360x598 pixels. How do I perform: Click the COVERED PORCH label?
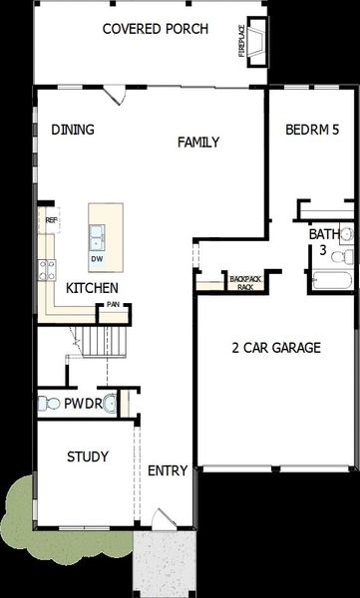(156, 29)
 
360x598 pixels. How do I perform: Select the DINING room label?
(73, 130)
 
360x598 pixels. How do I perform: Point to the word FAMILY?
(198, 143)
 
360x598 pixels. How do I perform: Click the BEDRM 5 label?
(311, 130)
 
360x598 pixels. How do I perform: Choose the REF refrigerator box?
(49, 220)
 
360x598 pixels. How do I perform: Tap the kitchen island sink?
(98, 236)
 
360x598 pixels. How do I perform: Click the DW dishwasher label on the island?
(98, 259)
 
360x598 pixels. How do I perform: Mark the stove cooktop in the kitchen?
(47, 266)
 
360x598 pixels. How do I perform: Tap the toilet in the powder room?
(45, 404)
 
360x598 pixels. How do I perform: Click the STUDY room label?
(87, 456)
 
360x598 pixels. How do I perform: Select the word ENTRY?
(167, 470)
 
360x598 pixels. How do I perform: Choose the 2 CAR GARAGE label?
(275, 348)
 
